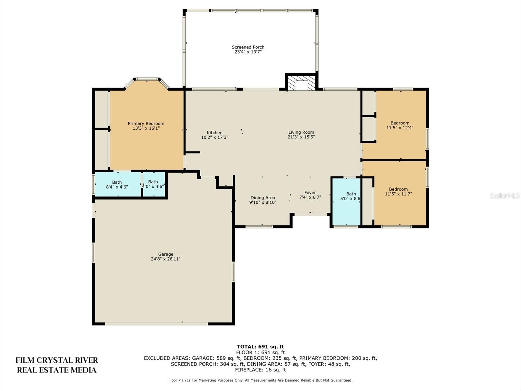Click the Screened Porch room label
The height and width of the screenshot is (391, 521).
tap(248, 47)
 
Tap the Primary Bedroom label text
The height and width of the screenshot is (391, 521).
tap(146, 123)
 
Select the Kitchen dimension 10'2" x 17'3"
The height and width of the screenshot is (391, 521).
tap(215, 137)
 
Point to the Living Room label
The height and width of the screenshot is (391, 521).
tap(301, 132)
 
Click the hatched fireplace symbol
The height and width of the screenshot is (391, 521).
tap(302, 83)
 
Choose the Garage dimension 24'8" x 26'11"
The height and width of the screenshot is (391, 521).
tap(166, 259)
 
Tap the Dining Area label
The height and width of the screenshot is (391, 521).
tap(263, 197)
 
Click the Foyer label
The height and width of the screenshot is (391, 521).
tap(310, 193)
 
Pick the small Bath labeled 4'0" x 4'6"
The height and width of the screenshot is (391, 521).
tap(154, 184)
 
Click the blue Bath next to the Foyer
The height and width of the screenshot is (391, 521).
tap(346, 202)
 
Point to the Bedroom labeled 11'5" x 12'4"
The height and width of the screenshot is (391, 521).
tap(400, 125)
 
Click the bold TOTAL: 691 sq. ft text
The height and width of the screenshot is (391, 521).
tap(260, 347)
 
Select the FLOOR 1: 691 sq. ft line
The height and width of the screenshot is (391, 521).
tap(260, 353)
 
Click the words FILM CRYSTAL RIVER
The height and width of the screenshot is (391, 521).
tap(57, 360)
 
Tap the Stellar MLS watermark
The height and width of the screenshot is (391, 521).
tap(505, 195)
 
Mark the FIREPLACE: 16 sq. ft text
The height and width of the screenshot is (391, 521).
tap(260, 370)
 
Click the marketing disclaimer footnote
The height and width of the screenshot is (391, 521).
tap(260, 380)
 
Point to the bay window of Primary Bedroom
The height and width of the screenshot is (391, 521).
tap(147, 82)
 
